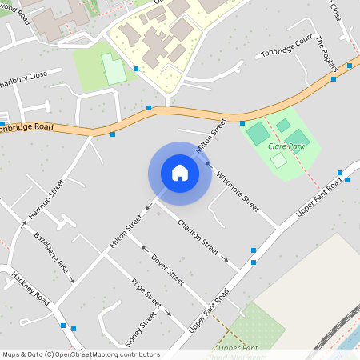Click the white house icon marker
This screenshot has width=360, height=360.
(180, 173)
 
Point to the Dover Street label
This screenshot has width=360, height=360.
(168, 270)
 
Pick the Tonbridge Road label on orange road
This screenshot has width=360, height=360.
(26, 128)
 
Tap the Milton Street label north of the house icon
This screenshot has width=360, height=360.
(211, 136)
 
